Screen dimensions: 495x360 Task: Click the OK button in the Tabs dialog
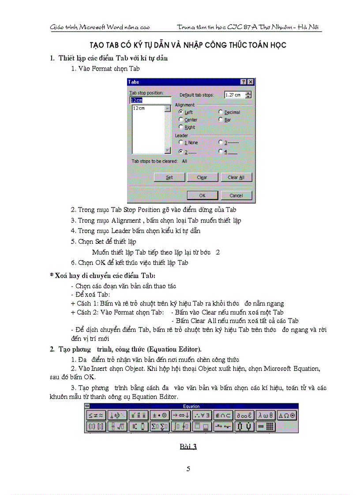click(x=202, y=195)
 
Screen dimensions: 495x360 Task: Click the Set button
click(x=169, y=177)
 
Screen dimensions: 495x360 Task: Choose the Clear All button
click(x=239, y=177)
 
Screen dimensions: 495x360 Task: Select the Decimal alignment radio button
click(x=221, y=112)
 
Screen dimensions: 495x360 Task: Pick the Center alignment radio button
click(x=181, y=119)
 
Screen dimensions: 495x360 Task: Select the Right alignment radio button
click(x=181, y=127)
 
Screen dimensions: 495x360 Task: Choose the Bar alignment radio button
click(x=221, y=119)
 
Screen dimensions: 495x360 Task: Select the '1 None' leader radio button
click(x=181, y=142)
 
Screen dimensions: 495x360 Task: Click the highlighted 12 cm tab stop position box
click(x=149, y=100)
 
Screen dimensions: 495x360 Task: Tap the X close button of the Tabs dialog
click(x=251, y=82)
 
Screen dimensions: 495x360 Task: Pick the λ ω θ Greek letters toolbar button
click(x=266, y=415)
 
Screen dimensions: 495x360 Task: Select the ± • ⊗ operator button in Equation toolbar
click(x=159, y=415)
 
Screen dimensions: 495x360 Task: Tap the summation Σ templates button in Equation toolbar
click(x=159, y=426)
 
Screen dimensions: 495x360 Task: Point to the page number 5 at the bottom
click(x=188, y=469)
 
